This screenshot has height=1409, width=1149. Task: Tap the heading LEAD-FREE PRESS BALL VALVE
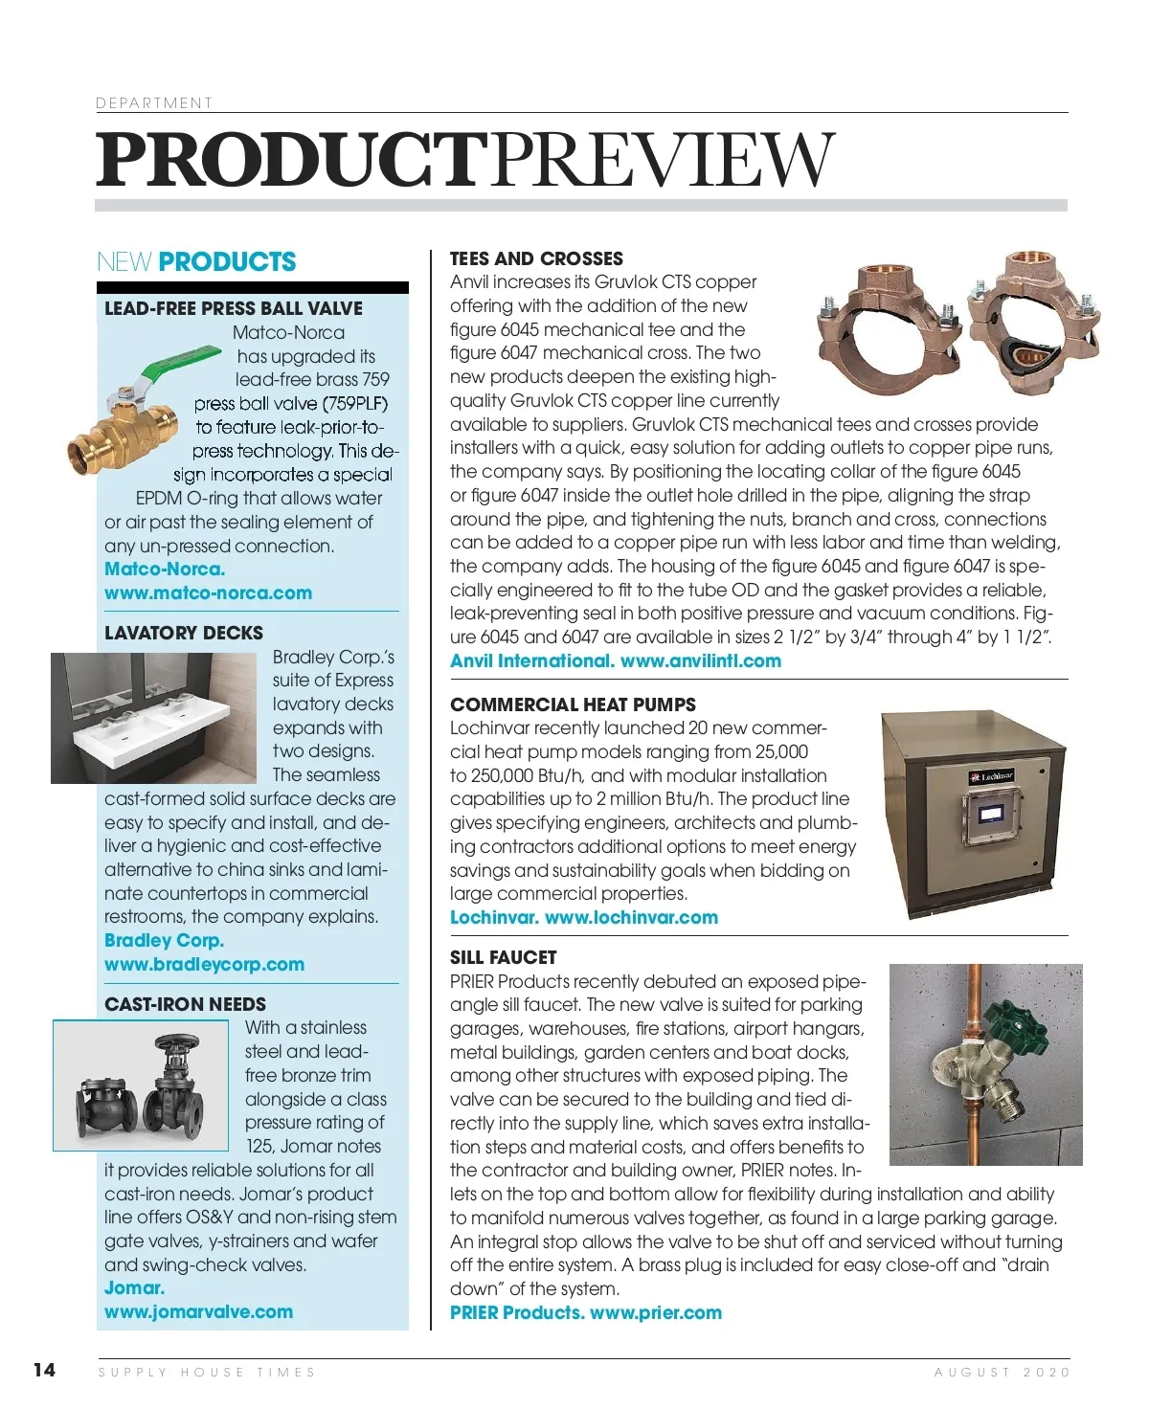pyautogui.click(x=234, y=308)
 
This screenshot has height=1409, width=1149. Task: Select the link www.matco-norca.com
pyautogui.click(x=208, y=593)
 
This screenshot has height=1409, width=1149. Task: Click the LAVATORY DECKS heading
pyautogui.click(x=184, y=633)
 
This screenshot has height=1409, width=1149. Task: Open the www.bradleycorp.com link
pyautogui.click(x=204, y=964)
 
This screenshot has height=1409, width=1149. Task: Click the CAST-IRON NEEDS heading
pyautogui.click(x=186, y=1004)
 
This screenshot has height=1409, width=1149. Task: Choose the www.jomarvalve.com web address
pyautogui.click(x=198, y=1311)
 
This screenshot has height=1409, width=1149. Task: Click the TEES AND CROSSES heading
pyautogui.click(x=536, y=258)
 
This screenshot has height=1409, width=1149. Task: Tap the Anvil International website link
pyautogui.click(x=701, y=660)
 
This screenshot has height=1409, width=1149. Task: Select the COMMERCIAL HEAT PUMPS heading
pyautogui.click(x=573, y=704)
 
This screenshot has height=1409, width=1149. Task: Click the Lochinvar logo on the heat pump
pyautogui.click(x=992, y=776)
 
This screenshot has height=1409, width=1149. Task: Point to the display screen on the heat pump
pyautogui.click(x=991, y=814)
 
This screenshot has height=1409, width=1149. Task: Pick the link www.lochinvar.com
pyautogui.click(x=631, y=917)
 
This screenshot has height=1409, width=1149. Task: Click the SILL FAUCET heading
pyautogui.click(x=503, y=957)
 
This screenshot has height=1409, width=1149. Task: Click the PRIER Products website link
pyautogui.click(x=656, y=1312)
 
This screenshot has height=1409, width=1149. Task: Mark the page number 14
pyautogui.click(x=44, y=1370)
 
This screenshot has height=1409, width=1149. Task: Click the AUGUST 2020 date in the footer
pyautogui.click(x=1002, y=1372)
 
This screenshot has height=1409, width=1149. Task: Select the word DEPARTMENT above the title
pyautogui.click(x=153, y=102)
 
